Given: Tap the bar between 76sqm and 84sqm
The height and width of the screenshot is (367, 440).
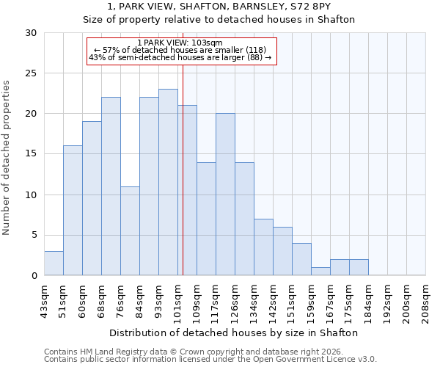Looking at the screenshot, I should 130,230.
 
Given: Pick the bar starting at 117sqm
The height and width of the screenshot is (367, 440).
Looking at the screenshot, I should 225,195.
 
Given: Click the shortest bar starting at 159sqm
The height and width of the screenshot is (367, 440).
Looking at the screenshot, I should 320,271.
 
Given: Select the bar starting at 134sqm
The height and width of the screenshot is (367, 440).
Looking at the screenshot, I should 263,247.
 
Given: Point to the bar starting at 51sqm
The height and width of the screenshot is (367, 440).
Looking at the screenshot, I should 73,211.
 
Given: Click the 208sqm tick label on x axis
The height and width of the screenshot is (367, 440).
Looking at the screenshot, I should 426,302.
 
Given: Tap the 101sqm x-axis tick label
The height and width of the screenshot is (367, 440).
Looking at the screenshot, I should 178,302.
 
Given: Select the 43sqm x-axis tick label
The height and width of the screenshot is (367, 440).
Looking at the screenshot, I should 45,302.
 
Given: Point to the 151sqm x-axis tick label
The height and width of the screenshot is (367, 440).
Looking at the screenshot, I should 293,302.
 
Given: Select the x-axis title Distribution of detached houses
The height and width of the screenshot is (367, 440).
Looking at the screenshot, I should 235,333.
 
